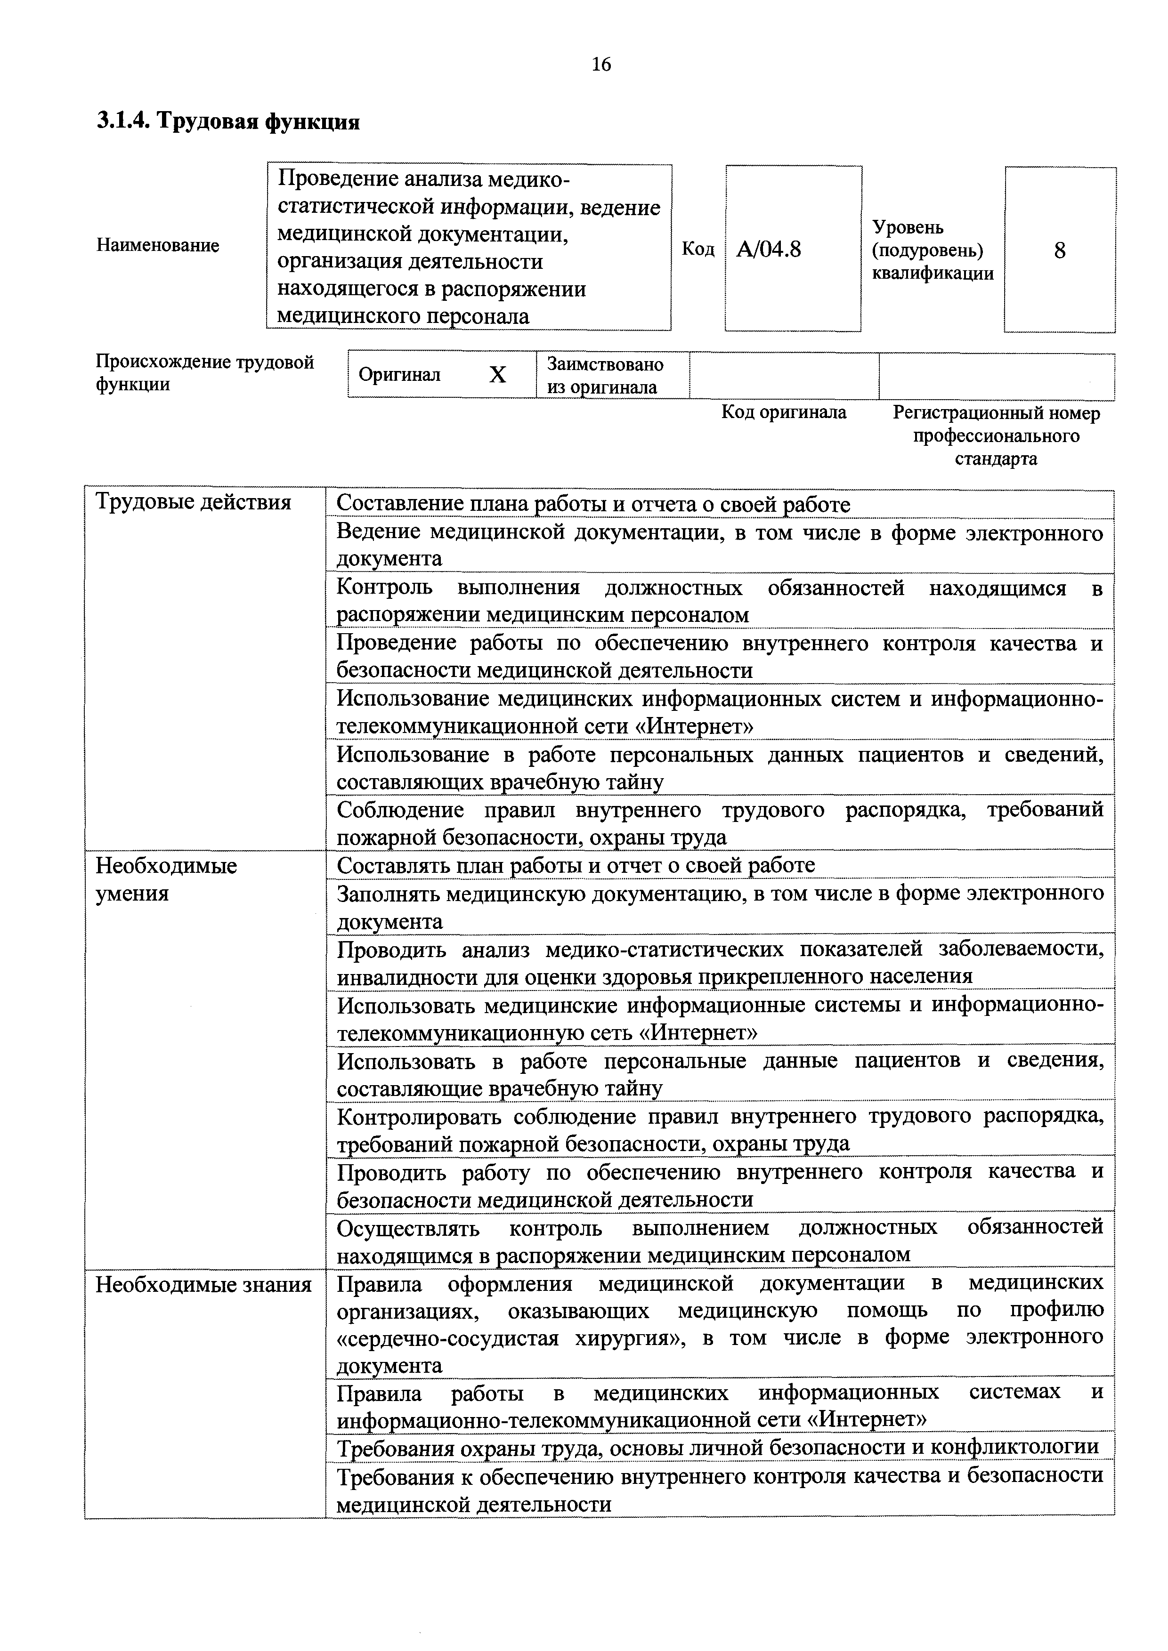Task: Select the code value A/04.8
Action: coord(768,250)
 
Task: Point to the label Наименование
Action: coord(157,246)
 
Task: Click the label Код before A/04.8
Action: coord(698,250)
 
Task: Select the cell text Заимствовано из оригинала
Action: coord(604,375)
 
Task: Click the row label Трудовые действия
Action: coord(194,502)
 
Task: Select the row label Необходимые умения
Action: coord(166,879)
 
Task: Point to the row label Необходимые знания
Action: coord(203,1284)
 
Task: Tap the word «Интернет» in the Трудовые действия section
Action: coord(695,726)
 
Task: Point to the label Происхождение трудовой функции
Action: coord(205,372)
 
